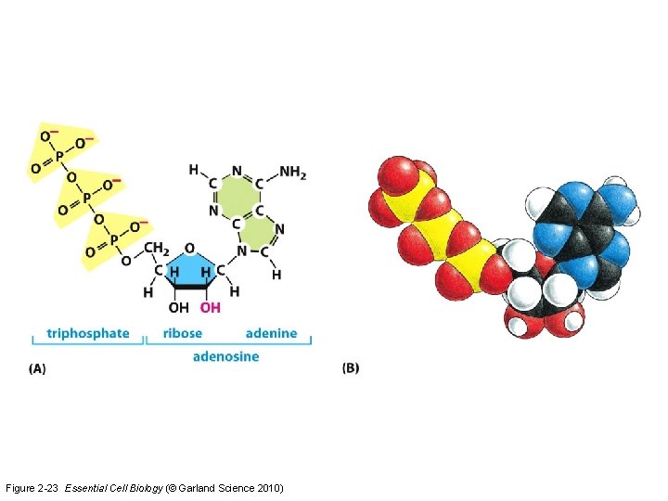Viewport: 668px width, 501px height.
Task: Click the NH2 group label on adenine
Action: tap(292, 172)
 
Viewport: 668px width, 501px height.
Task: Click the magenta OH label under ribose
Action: tap(211, 307)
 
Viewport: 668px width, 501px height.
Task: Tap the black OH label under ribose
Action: tap(179, 307)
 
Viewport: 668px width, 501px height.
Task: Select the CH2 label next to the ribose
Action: tap(155, 249)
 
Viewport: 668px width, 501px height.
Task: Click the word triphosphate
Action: tap(88, 333)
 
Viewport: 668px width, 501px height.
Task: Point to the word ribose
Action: tap(183, 333)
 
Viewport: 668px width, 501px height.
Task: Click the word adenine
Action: tap(271, 333)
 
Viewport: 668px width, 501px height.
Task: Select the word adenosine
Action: tap(225, 356)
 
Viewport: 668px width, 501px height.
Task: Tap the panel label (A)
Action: tap(37, 368)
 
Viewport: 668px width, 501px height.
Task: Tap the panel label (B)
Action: tap(351, 368)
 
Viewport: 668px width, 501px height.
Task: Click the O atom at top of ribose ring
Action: tap(189, 249)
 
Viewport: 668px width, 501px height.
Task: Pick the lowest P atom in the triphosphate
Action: tap(116, 238)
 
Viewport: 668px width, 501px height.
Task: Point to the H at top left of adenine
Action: tap(193, 170)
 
